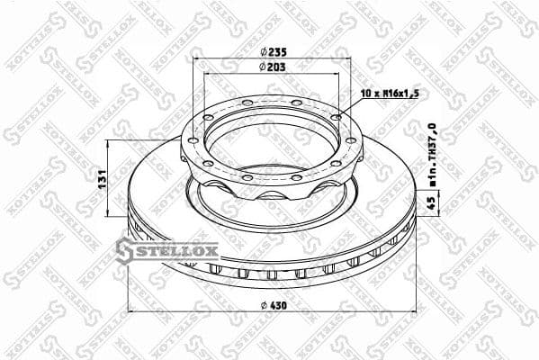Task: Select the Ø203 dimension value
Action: click(267, 67)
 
